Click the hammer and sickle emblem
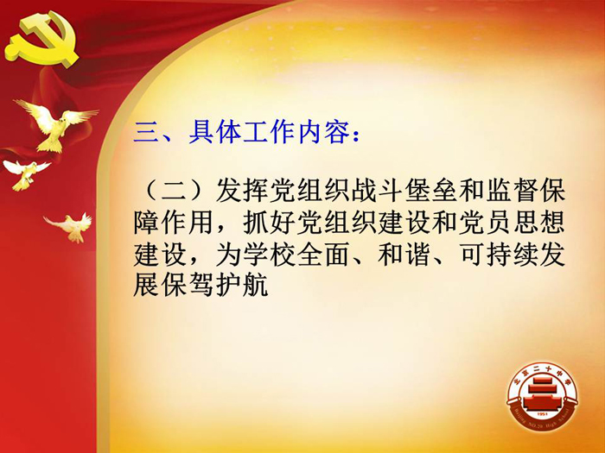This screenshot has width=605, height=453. pyautogui.click(x=41, y=40)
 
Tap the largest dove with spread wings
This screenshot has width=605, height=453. pyautogui.click(x=57, y=124)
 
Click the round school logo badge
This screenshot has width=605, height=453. pyautogui.click(x=542, y=396)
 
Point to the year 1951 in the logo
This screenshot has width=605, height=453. pyautogui.click(x=542, y=413)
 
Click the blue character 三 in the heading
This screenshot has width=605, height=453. pyautogui.click(x=146, y=133)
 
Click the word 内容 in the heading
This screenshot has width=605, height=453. pyautogui.click(x=324, y=132)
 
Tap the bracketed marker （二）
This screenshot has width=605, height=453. pyautogui.click(x=174, y=191)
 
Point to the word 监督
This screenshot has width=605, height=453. pyautogui.click(x=513, y=190)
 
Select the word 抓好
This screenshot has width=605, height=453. pyautogui.click(x=269, y=223)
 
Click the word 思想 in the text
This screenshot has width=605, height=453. pyautogui.click(x=539, y=223)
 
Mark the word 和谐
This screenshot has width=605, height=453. pyautogui.click(x=404, y=255)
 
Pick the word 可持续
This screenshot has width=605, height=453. pyautogui.click(x=499, y=255)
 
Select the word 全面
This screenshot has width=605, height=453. pyautogui.click(x=323, y=255)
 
